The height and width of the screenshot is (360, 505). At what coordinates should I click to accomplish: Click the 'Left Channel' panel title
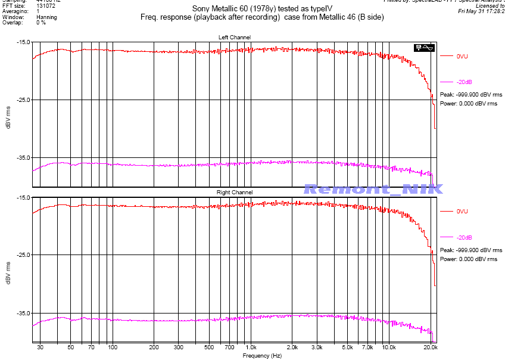pos(235,38)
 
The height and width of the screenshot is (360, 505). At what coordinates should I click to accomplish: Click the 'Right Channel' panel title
pos(235,193)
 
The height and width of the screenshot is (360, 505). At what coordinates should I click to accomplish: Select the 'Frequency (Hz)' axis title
pos(262,355)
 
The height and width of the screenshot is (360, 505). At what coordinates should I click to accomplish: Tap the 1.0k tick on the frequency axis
pos(250,346)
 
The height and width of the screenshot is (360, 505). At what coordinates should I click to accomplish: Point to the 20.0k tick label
pos(431,346)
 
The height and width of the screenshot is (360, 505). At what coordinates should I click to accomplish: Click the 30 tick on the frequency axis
pos(40,346)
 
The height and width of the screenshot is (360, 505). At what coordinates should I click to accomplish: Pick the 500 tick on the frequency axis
pos(208,346)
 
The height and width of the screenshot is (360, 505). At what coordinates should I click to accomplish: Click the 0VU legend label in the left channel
pos(462,56)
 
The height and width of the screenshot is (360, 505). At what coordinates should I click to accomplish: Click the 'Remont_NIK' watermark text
pos(373,189)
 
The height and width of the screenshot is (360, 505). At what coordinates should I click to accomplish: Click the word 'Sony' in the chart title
pos(201,9)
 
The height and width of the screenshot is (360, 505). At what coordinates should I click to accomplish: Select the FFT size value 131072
pos(45,5)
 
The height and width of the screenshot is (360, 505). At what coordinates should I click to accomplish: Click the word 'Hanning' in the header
pos(46,17)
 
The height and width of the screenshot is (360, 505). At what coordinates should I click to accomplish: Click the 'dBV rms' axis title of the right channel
pos(8,269)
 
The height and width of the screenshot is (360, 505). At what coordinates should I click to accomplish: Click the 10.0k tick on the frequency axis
pos(389,346)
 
